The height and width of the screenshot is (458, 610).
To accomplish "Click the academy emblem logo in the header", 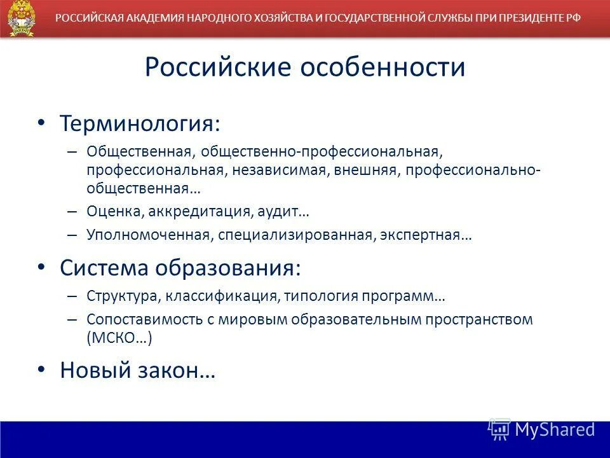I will tap(22, 18).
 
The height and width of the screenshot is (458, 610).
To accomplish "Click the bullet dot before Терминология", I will tap(41, 121).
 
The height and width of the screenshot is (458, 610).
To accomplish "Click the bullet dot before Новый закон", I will tap(41, 368).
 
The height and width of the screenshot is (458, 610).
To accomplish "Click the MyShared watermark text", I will tap(554, 430).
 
